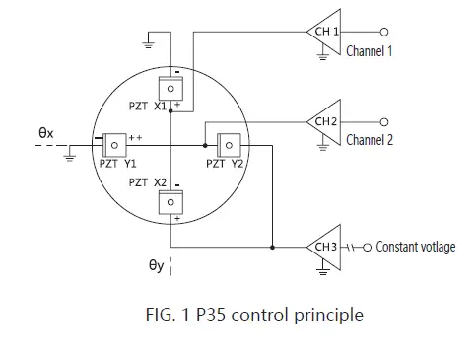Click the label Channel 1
370,50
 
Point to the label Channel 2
370,140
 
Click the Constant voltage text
416,247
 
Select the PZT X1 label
147,106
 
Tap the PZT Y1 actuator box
116,144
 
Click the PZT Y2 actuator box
229,144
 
